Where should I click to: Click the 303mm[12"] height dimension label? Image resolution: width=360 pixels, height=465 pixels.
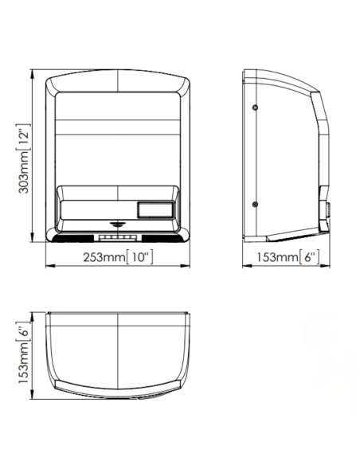[x=24, y=158]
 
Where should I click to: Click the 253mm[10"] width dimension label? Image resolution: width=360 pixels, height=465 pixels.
[x=118, y=257]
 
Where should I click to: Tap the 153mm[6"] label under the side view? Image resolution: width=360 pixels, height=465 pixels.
[x=288, y=257]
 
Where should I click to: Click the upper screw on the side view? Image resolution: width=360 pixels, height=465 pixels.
[x=255, y=107]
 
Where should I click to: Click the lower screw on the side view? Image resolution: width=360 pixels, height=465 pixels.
[x=255, y=204]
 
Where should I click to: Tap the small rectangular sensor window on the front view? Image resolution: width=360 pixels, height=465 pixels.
[x=155, y=209]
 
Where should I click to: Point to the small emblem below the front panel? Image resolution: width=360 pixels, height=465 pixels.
[x=118, y=224]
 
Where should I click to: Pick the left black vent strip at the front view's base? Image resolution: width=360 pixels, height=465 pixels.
[x=72, y=238]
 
